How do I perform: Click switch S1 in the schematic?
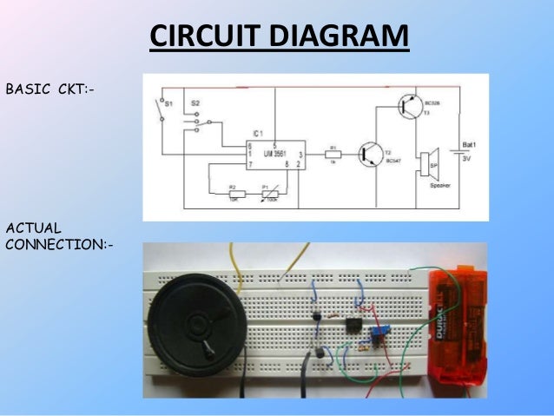pos(159,109)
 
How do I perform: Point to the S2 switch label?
pos(195,102)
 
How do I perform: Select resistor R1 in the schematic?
pos(334,154)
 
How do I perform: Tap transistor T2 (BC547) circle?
pos(374,154)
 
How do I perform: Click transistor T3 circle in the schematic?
pos(408,107)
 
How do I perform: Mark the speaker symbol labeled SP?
pos(426,163)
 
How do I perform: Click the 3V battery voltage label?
pos(468,159)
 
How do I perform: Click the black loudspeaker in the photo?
pos(196,321)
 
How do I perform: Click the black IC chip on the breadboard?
pos(352,327)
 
